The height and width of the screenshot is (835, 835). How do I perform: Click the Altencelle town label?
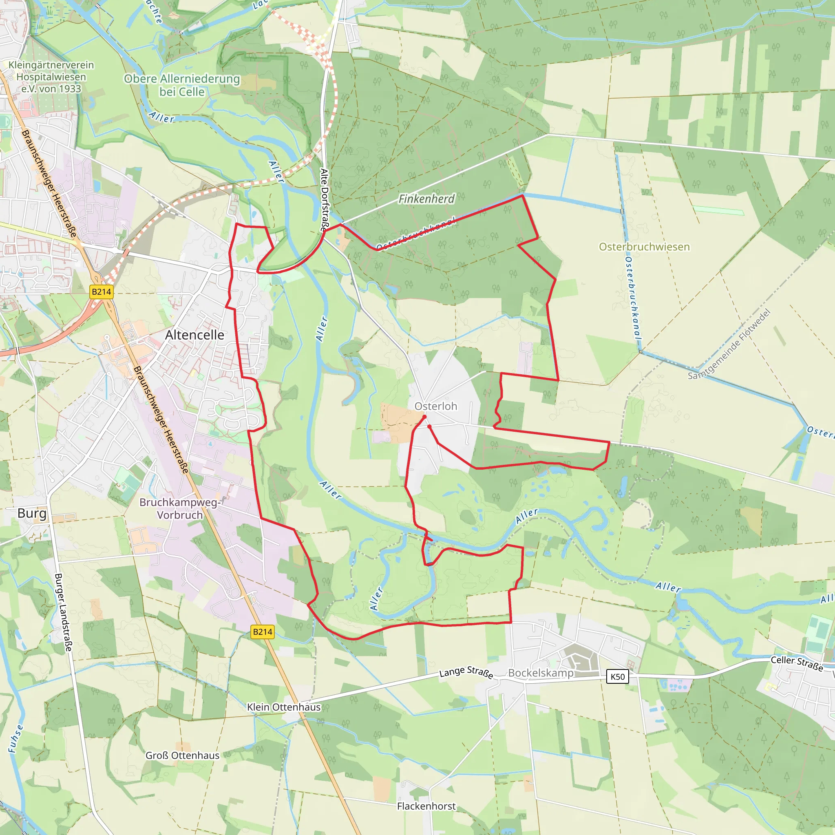tap(194, 335)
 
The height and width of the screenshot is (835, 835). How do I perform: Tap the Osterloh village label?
tap(436, 406)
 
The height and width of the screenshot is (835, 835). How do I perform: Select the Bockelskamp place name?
tap(541, 673)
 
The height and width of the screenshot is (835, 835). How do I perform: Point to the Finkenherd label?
tap(426, 199)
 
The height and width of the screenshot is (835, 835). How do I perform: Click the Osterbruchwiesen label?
tap(644, 247)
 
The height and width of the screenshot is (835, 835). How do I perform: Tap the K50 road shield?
tap(618, 677)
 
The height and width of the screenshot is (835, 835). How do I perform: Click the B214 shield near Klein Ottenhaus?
tap(262, 632)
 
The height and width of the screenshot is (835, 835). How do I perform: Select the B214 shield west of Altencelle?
tap(102, 292)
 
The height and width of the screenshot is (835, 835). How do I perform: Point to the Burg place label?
tap(31, 513)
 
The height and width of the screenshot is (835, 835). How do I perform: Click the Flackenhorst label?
tap(426, 806)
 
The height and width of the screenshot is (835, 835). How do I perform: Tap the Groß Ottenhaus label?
tap(182, 755)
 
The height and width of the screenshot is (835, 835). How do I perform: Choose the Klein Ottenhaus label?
tap(283, 707)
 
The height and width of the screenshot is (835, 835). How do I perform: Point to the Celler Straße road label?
tap(797, 663)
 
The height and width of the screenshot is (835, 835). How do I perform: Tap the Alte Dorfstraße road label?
tap(325, 200)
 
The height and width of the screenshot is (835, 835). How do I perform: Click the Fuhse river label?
tap(16, 739)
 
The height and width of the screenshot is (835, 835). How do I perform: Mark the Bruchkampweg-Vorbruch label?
tap(180, 509)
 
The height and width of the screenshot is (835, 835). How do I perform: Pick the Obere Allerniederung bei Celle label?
tap(182, 85)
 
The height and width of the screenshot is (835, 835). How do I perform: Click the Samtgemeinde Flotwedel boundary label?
tap(729, 345)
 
